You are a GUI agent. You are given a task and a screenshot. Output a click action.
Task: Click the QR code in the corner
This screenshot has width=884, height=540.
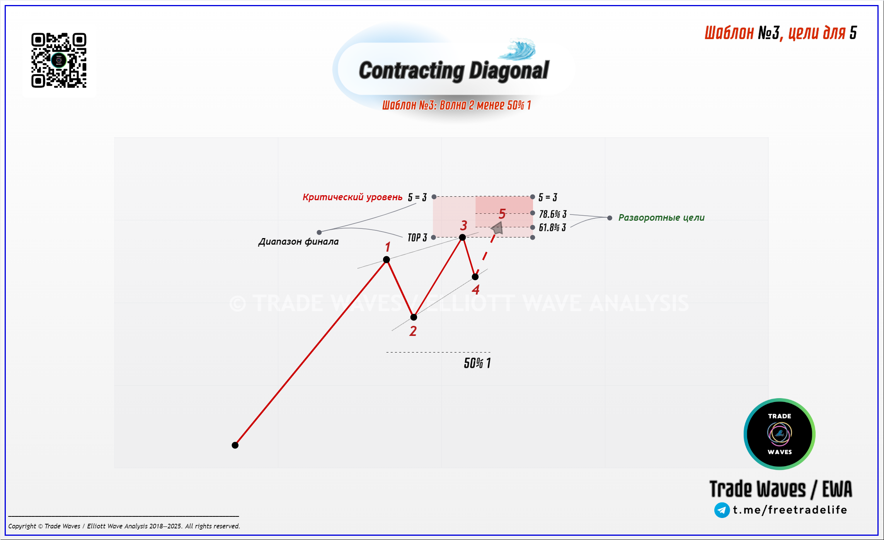pos(59,60)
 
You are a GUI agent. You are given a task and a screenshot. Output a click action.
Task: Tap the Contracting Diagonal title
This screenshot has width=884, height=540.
pos(454,71)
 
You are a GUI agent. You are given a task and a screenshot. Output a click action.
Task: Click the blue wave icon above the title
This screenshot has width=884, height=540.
pos(518,49)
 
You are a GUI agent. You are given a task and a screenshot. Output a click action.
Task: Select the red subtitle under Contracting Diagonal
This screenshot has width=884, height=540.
pos(456,105)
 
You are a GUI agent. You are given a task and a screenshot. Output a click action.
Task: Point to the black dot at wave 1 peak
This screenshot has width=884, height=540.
pos(387,259)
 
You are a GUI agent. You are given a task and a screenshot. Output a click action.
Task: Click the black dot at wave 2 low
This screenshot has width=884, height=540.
pos(414,317)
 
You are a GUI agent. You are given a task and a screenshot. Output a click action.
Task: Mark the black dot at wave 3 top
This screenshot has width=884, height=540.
pos(462,237)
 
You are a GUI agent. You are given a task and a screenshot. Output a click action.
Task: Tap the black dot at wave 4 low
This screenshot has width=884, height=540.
pos(475,277)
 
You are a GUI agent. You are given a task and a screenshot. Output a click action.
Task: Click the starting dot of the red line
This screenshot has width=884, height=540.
pos(235,445)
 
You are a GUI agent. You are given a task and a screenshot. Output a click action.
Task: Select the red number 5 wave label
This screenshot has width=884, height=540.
pos(502,214)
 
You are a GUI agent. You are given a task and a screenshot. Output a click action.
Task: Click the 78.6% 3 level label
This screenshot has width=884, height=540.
pos(553,214)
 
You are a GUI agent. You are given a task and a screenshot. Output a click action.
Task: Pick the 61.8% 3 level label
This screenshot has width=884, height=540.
pos(552,227)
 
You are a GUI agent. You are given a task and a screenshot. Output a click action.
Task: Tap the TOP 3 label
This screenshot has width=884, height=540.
pos(417,237)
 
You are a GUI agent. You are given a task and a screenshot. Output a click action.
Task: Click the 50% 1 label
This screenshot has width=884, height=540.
pos(477,363)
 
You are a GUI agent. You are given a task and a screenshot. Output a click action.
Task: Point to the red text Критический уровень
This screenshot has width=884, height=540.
pos(353,197)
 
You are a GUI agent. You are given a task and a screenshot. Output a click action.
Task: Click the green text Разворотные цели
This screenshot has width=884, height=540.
pos(661,218)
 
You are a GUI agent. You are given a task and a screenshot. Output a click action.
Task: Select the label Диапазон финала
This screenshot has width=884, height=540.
pos(298,242)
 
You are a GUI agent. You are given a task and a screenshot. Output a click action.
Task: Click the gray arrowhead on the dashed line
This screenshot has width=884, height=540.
pos(497,228)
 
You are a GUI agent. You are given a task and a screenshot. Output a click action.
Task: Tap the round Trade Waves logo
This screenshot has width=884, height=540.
pos(779,434)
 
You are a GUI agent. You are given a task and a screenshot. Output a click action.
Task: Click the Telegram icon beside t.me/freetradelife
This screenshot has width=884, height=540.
pos(722,510)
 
